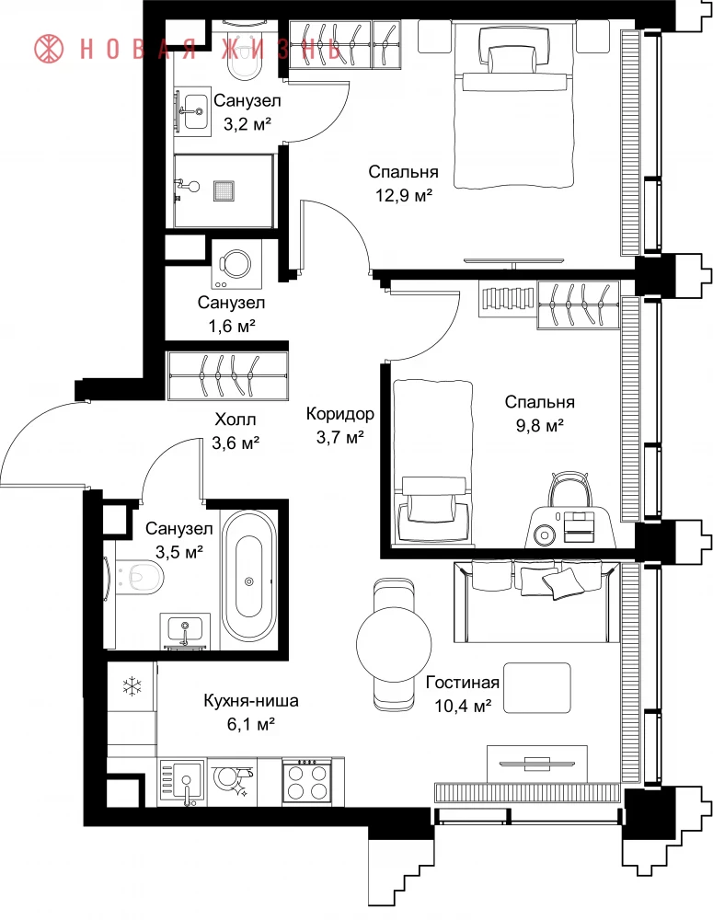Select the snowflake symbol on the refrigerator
click(132, 686)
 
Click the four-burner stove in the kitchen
click(307, 779)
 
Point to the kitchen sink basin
click(182, 781)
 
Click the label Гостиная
click(463, 683)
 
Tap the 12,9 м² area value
click(404, 195)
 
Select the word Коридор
click(339, 414)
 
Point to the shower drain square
click(224, 190)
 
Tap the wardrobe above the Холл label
click(227, 375)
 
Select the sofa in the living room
click(536, 602)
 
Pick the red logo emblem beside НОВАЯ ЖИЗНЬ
click(49, 48)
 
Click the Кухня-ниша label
click(250, 700)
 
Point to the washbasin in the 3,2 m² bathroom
click(193, 111)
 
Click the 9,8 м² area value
click(540, 426)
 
